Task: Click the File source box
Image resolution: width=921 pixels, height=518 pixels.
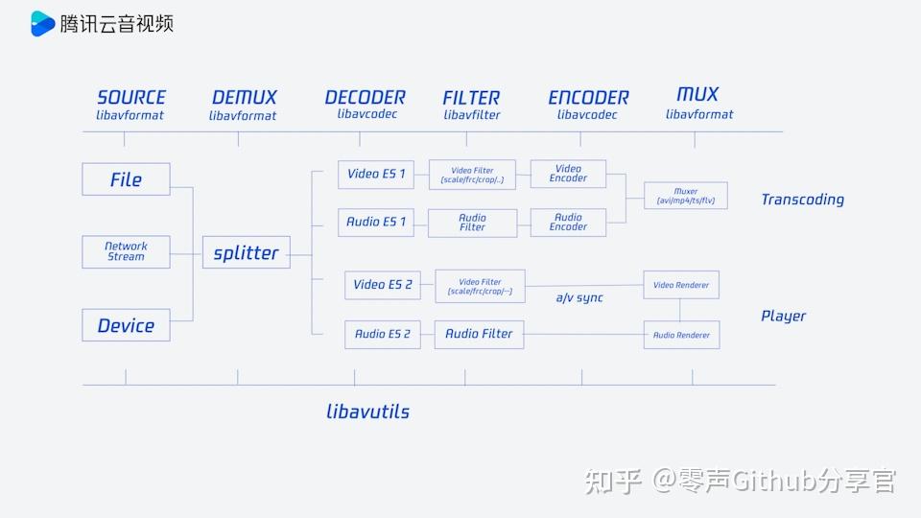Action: pos(126,179)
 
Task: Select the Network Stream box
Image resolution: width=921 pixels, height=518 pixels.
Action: pos(126,251)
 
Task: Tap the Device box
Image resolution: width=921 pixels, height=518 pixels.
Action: pos(126,325)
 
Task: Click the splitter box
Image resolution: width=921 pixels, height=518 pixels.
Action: pos(246,252)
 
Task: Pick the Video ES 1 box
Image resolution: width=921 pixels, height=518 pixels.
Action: pos(376,174)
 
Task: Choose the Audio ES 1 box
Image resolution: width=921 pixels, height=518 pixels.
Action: pos(376,222)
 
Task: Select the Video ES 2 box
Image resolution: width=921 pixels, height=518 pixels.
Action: pos(383,285)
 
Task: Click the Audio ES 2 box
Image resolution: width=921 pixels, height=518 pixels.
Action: pos(383,334)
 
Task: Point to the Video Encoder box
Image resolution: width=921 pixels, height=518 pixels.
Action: pos(568,174)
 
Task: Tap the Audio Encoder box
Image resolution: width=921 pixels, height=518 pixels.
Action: pos(568,223)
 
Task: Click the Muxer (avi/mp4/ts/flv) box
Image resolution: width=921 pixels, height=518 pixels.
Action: pos(685,196)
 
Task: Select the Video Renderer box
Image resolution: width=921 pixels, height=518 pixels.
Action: pos(681,285)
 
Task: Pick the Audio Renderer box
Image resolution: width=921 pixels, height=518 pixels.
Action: pos(681,335)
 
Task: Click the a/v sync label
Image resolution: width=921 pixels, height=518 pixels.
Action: pos(579,297)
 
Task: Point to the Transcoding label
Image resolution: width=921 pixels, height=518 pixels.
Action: pos(802,200)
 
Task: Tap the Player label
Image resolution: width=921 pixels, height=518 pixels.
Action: pos(783,316)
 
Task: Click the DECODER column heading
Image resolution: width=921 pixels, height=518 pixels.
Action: pos(365,98)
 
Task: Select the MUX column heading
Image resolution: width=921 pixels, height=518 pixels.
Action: pos(697,94)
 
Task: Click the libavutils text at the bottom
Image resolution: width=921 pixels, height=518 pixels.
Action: pos(367,412)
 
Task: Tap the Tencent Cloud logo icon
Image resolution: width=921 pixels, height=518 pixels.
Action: pos(42,23)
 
